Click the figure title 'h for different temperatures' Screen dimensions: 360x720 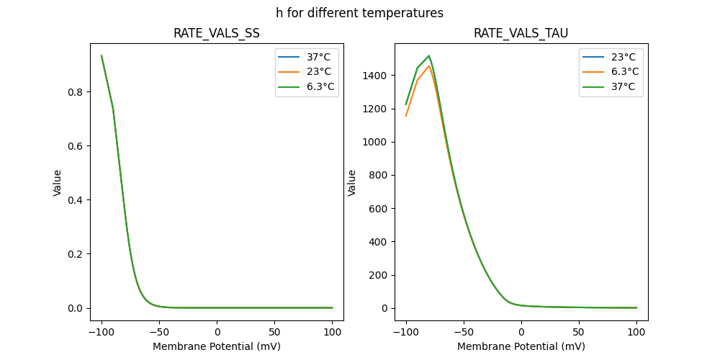coord(359,13)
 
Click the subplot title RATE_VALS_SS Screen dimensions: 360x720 coord(217,33)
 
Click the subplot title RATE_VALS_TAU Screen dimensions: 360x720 coord(521,33)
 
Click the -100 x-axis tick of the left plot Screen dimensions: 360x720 coord(102,333)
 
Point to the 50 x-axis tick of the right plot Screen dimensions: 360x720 coord(579,333)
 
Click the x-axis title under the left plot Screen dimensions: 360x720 coord(217,346)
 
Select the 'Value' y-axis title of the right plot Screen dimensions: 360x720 coord(352,183)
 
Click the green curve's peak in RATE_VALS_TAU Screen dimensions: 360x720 coord(429,55)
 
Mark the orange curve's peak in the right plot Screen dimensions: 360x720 coord(429,66)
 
